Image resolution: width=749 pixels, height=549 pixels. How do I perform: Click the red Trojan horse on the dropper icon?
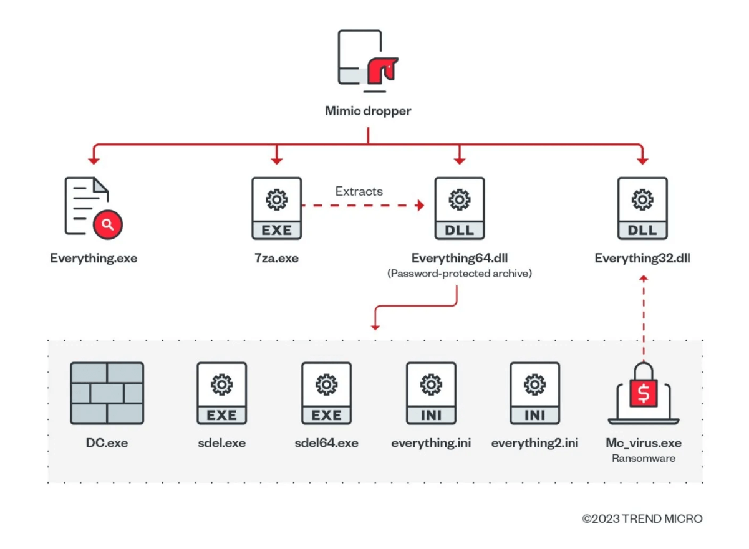click(x=382, y=70)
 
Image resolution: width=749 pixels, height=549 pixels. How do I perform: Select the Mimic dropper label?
click(x=368, y=111)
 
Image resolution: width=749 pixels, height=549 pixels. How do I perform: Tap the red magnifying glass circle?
click(x=108, y=224)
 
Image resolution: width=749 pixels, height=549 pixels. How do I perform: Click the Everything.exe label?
click(x=94, y=258)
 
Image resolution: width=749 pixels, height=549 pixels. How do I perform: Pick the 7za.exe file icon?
click(x=276, y=208)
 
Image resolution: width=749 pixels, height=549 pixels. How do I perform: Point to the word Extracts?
click(x=359, y=191)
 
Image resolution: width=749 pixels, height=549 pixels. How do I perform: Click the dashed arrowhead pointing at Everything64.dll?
click(x=420, y=205)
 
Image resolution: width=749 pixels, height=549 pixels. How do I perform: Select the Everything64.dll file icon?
click(x=460, y=208)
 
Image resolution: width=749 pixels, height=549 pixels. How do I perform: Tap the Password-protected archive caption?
click(x=460, y=274)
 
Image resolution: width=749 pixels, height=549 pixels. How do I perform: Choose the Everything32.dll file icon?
click(x=642, y=208)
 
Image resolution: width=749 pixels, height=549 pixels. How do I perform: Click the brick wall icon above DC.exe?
click(x=107, y=393)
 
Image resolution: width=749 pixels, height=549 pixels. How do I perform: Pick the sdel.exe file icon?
click(x=221, y=393)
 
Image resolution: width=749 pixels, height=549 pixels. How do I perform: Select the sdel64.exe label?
click(x=326, y=443)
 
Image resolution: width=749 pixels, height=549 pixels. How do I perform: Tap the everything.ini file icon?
click(x=431, y=393)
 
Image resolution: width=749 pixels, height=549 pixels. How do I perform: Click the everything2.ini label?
click(x=534, y=443)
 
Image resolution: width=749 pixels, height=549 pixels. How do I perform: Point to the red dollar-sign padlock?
click(x=644, y=388)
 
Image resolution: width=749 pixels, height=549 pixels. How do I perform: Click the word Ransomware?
click(x=644, y=458)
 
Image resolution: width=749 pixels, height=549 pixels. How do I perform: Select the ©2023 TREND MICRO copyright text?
click(x=642, y=518)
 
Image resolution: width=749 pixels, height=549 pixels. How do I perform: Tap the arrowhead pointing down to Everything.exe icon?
click(x=94, y=161)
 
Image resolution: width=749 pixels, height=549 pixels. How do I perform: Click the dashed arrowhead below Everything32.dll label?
click(x=644, y=278)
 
